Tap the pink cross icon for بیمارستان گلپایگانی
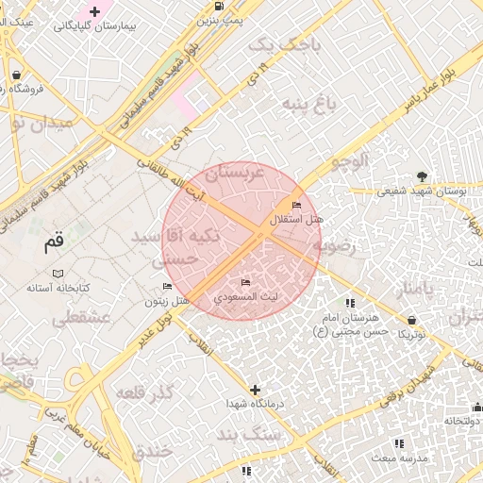coord(94,11)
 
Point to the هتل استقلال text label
coord(297,220)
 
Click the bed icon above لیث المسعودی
coord(246,283)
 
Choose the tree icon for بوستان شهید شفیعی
coord(422,176)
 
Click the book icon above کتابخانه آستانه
coord(58,273)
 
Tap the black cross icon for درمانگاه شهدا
coord(255,389)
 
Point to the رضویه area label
coord(337,248)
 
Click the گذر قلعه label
coord(147,391)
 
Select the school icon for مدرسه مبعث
coord(398,442)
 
